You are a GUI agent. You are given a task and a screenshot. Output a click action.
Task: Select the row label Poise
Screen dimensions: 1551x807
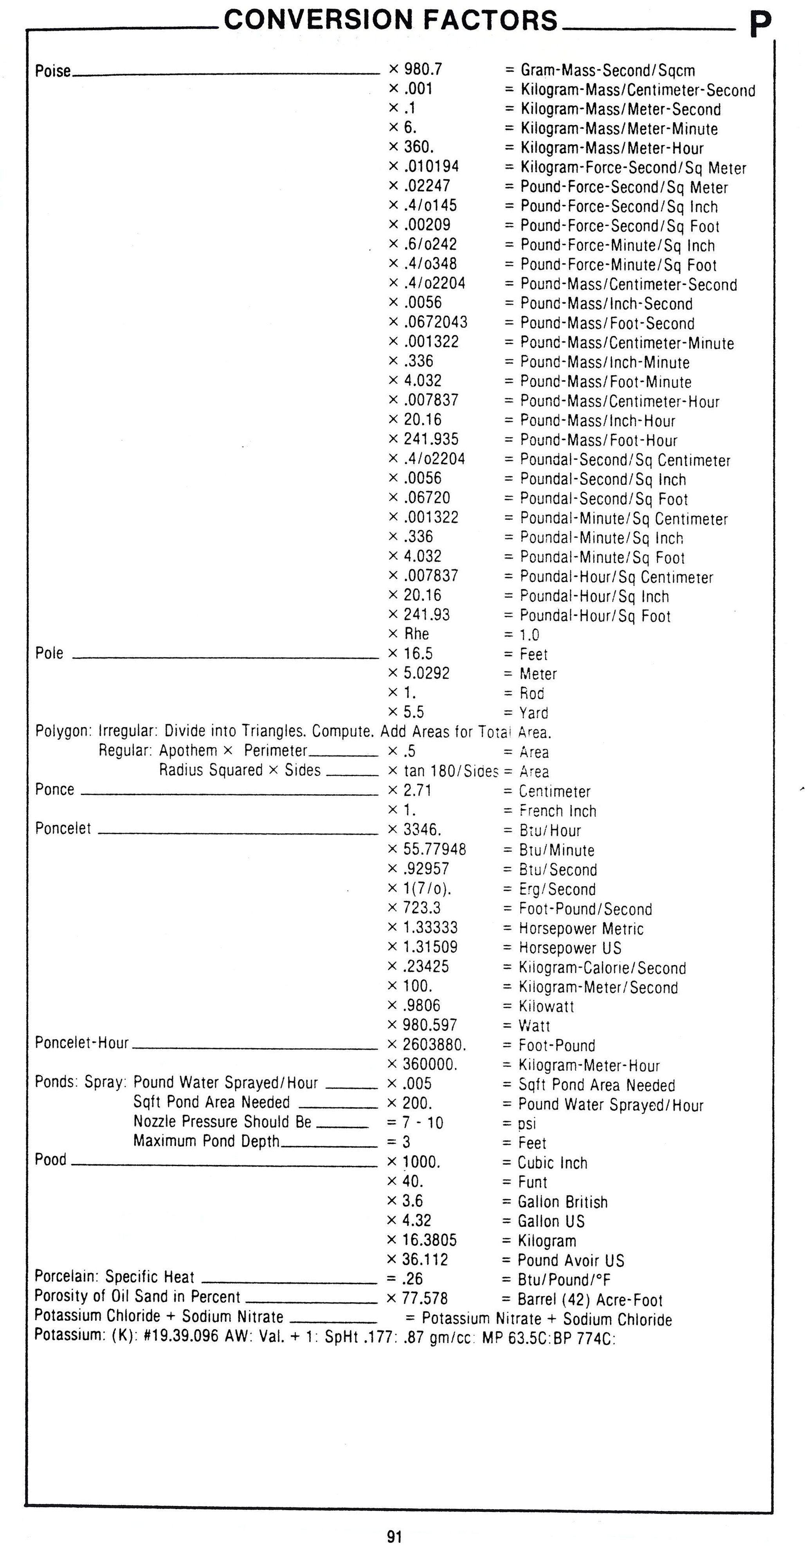[52, 71]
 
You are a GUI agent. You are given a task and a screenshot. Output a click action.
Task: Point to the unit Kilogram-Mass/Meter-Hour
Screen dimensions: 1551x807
[612, 148]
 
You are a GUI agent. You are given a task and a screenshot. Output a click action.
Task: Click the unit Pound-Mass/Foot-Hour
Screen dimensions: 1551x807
[599, 440]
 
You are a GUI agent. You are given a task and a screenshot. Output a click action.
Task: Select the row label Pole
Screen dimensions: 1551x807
[49, 653]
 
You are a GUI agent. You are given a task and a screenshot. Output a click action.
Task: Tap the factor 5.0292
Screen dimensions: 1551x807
[426, 673]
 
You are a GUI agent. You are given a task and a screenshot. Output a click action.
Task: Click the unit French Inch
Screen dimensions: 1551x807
[558, 811]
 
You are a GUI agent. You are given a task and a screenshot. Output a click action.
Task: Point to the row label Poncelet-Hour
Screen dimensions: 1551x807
[81, 1043]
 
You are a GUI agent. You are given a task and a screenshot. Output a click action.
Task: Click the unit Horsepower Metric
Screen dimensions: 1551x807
[581, 928]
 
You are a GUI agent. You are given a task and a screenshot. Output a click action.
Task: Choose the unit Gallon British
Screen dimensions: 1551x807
[562, 1202]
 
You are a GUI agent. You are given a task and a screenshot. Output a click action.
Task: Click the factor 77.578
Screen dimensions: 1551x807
[425, 1298]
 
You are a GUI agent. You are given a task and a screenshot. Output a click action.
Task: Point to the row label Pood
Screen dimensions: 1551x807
[50, 1160]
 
